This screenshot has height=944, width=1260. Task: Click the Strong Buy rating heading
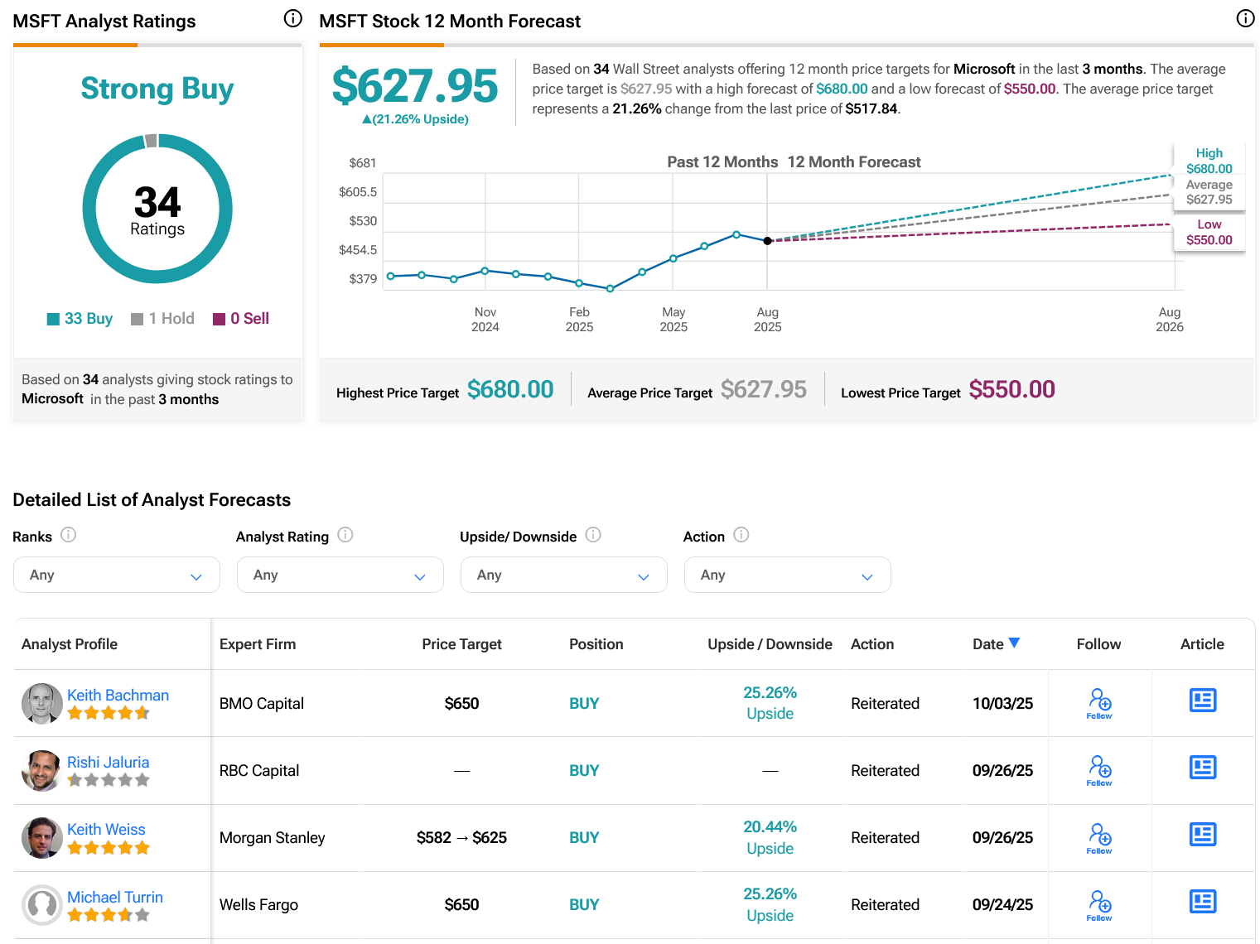(157, 89)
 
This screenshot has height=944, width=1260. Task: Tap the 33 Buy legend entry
(80, 319)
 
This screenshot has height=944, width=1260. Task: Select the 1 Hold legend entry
(163, 319)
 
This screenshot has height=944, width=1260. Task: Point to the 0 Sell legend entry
(241, 319)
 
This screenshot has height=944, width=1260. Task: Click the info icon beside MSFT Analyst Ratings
(293, 18)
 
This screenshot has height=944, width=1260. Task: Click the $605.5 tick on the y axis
(358, 192)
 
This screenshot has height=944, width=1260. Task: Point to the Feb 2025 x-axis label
(579, 319)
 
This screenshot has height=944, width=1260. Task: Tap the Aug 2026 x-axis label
(1169, 319)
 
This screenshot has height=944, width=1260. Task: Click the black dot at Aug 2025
(768, 241)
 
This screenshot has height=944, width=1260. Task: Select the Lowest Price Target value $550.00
(1011, 389)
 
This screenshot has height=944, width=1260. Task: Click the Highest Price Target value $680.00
(510, 389)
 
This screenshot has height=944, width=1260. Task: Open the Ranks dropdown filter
(117, 575)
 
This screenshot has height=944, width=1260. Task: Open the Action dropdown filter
(787, 575)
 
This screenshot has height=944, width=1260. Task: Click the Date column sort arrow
(1014, 643)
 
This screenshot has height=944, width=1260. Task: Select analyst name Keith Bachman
(118, 695)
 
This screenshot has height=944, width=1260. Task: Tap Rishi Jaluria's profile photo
(41, 771)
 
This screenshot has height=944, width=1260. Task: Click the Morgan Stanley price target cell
(461, 837)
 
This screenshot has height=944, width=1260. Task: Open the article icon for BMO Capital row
(1202, 701)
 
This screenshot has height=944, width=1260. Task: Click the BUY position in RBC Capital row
(584, 770)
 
